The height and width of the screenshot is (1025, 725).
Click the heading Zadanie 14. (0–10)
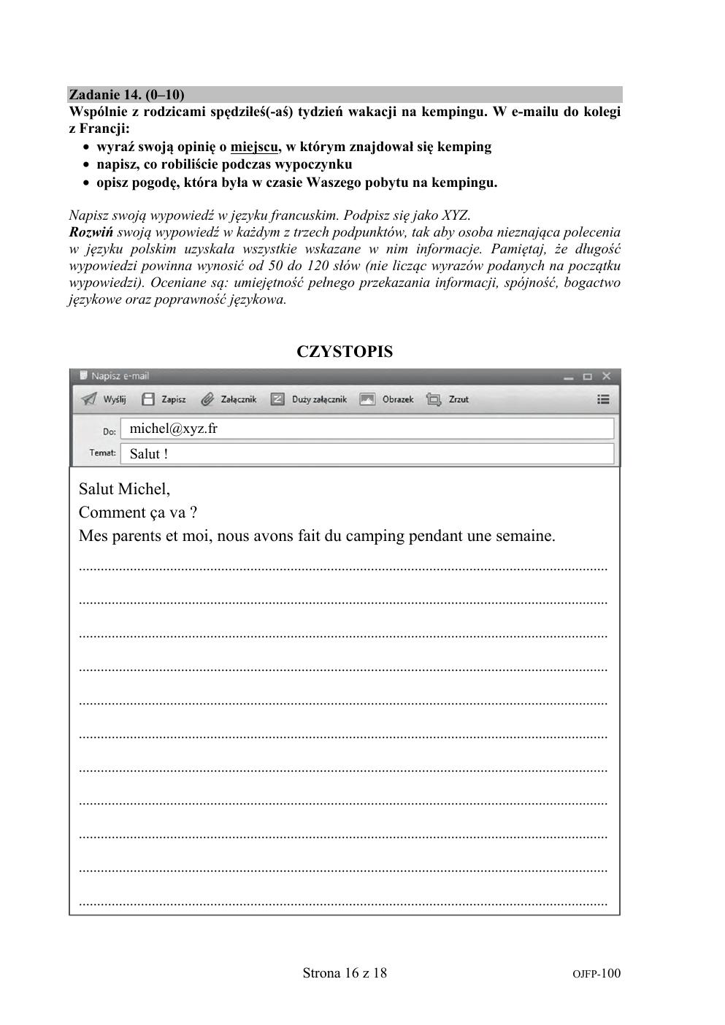[126, 95]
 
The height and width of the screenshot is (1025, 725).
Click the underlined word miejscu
[254, 147]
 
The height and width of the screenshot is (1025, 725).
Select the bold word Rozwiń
[91, 233]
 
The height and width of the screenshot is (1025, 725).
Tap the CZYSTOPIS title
[345, 352]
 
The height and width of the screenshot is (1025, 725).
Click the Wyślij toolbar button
[104, 399]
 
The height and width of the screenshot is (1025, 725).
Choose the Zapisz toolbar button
[164, 399]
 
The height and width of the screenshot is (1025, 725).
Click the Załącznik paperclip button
[229, 399]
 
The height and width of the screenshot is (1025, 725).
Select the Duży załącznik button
[309, 399]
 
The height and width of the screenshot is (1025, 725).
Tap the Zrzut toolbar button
[448, 399]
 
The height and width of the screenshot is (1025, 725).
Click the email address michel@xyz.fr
[173, 429]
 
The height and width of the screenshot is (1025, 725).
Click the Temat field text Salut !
[149, 453]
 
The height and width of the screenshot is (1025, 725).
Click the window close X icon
[606, 377]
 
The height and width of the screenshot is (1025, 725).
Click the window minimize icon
[569, 377]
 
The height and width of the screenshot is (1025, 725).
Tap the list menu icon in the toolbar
[603, 399]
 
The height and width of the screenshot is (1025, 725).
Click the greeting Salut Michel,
[124, 489]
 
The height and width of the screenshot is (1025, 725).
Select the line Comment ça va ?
[138, 512]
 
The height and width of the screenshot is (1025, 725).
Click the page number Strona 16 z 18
[345, 973]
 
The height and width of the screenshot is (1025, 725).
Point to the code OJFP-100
[597, 974]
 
